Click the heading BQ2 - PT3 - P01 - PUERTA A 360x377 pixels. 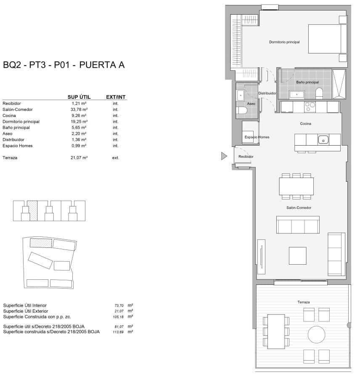[64, 65]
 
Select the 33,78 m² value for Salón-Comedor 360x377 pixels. [79, 109]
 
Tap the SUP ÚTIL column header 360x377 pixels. [79, 97]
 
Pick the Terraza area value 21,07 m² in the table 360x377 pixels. [79, 158]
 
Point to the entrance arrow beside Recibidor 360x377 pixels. [224, 157]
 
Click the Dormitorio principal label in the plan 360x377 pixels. [284, 42]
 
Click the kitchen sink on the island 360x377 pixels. [323, 139]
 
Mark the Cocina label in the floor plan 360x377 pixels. [305, 124]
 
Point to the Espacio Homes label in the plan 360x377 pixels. [257, 137]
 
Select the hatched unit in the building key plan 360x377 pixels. [32, 211]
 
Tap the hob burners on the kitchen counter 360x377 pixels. [310, 107]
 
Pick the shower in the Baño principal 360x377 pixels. [339, 84]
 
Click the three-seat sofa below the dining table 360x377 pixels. [297, 225]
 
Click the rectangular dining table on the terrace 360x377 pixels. [276, 331]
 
